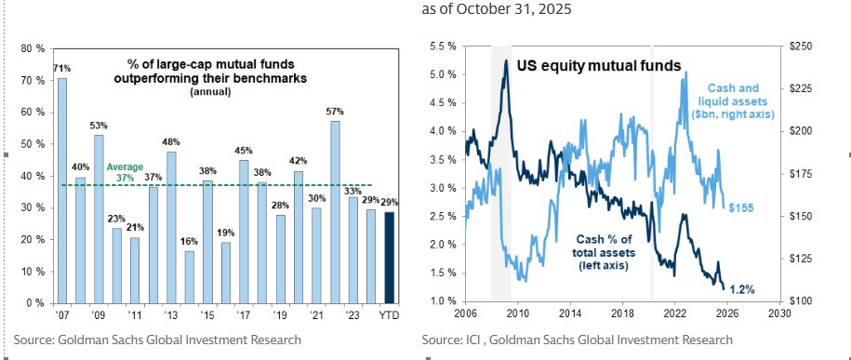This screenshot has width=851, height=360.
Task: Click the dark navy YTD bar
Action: coord(390,258)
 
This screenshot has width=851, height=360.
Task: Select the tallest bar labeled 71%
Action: coord(62,190)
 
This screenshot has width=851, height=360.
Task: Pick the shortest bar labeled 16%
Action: coord(190,277)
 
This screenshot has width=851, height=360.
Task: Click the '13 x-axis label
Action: coord(171,314)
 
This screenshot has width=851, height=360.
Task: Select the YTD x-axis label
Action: coord(389,314)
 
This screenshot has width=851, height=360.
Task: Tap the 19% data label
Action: coord(226,233)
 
